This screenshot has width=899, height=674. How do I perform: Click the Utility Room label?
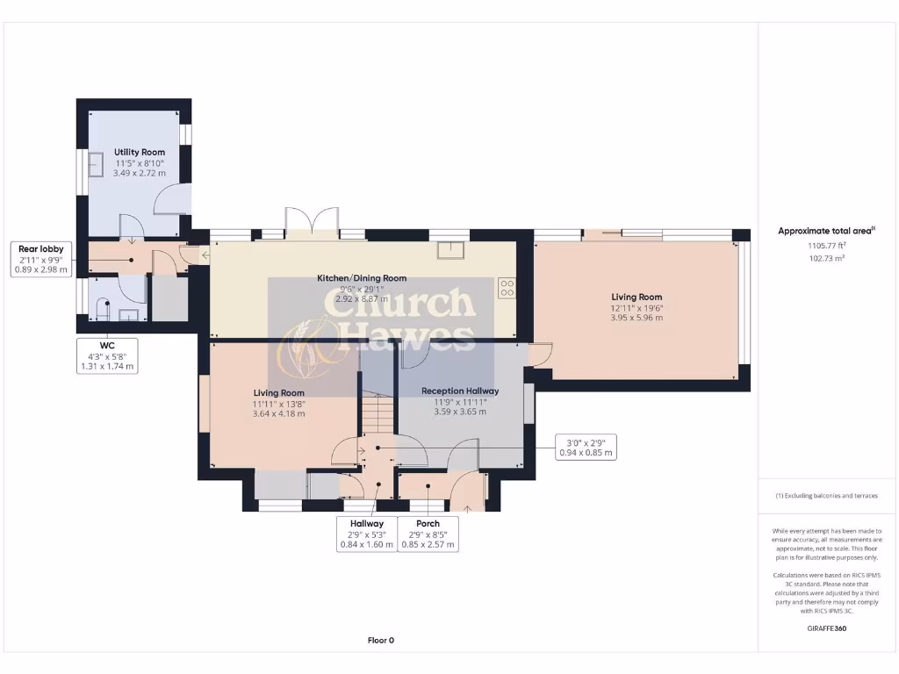click(140, 152)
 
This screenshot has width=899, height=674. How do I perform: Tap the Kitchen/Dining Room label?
click(362, 278)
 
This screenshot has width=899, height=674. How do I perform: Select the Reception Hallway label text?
click(460, 391)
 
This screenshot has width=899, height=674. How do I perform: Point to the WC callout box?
click(107, 355)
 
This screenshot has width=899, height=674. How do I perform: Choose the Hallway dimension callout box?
click(366, 534)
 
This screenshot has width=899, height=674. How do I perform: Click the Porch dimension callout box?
click(428, 534)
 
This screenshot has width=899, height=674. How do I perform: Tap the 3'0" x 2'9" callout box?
click(587, 448)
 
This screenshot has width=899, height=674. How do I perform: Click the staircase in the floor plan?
click(378, 412)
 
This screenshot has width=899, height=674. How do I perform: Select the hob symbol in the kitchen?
click(507, 289)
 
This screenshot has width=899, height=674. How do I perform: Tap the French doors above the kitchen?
click(313, 220)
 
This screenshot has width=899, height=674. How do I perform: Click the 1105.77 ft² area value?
click(826, 247)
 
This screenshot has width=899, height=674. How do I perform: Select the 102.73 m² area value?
click(826, 259)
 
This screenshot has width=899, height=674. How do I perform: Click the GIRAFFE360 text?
click(826, 628)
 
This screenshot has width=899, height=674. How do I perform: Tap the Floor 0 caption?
click(380, 640)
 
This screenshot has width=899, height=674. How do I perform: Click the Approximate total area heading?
click(825, 232)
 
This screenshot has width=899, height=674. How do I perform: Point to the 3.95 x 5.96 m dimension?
click(636, 318)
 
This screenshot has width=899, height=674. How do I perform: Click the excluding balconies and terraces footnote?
click(826, 496)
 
